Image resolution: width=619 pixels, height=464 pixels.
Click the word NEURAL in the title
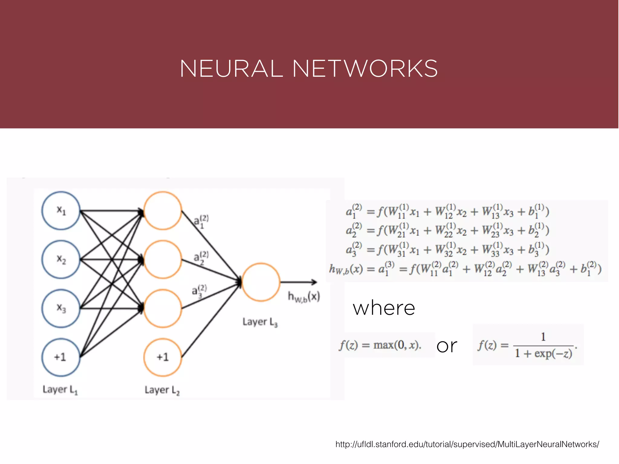click(x=231, y=69)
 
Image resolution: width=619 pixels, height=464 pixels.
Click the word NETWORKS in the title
click(x=365, y=69)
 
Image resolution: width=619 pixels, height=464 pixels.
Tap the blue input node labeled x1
click(x=61, y=211)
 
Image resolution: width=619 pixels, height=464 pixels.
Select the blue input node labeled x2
click(x=61, y=259)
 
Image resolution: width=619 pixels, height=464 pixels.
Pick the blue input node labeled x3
click(x=61, y=308)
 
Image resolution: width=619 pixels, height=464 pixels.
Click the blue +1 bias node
click(x=61, y=357)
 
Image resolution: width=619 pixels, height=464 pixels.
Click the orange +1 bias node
click(x=163, y=357)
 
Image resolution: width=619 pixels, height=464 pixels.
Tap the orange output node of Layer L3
click(x=261, y=282)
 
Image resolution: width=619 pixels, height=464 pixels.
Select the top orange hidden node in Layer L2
click(x=163, y=211)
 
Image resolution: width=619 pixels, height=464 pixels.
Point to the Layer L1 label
click(x=60, y=390)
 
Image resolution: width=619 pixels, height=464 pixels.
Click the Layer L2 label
click(x=162, y=390)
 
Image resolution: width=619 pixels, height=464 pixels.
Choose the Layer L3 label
click(x=260, y=322)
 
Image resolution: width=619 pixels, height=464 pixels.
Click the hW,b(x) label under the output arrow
click(x=304, y=297)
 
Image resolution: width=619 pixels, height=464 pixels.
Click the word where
click(x=384, y=308)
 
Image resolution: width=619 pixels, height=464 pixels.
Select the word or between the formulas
click(x=447, y=346)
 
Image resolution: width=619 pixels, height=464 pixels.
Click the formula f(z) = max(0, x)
click(x=380, y=345)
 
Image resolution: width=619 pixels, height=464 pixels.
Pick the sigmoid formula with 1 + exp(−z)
click(x=527, y=345)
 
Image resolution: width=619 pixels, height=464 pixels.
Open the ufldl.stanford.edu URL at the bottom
click(x=467, y=444)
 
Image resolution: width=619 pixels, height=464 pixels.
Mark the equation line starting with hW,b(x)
click(x=465, y=269)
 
